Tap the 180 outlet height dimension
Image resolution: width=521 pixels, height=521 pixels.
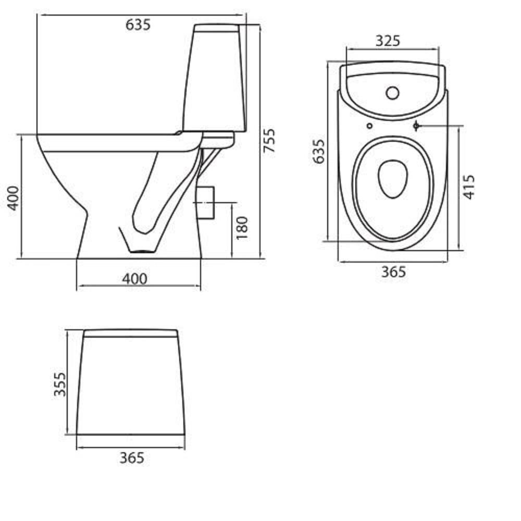242,228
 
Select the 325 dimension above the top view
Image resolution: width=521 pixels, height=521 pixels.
388,41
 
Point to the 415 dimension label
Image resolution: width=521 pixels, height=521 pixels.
469,187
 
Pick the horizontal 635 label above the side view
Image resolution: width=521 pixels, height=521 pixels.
138,25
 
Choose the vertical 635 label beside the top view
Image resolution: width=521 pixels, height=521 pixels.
319,152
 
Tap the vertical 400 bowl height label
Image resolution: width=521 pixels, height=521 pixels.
14,198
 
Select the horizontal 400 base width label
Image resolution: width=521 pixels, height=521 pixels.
134,279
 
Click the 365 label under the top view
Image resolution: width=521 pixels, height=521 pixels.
393,272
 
